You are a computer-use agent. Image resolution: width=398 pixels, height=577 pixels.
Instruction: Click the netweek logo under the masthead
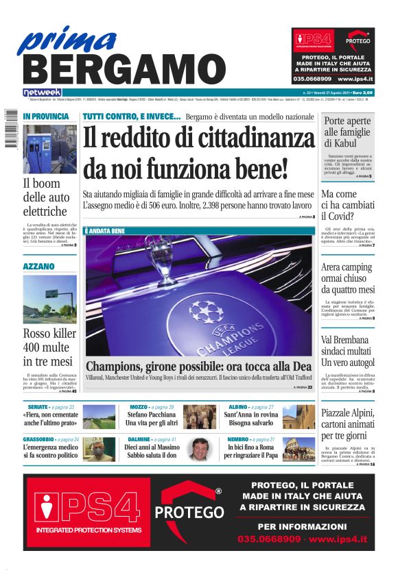[x=43, y=92]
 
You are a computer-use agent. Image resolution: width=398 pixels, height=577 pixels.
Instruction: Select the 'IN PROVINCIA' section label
[x=45, y=117]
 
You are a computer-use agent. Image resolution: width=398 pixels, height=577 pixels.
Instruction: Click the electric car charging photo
[x=49, y=149]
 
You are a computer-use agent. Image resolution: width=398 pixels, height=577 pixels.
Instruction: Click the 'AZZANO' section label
[x=39, y=265]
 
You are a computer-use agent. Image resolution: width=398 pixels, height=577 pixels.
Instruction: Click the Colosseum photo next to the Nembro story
[x=298, y=449]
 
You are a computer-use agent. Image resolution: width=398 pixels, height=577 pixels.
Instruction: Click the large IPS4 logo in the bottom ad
[x=86, y=506]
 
